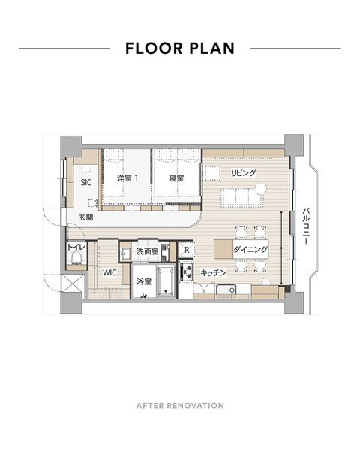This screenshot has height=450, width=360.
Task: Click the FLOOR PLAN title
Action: pos(180,49)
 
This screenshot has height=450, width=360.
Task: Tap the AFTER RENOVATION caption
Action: pos(180,406)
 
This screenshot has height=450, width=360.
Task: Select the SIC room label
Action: pos(86,182)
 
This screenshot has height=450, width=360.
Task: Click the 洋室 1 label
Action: pos(127,178)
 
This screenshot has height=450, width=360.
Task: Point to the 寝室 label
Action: pos(176,178)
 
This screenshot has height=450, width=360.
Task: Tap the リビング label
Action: pos(244,173)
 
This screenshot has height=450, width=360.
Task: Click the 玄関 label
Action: pos(85,217)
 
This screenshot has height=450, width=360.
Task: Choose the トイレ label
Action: pos(76,247)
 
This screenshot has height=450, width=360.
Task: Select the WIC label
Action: pos(109,272)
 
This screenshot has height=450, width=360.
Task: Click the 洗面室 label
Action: pos(147,251)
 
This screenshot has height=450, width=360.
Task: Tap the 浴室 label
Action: pos(144,281)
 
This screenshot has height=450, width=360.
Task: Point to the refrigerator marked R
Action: pos(187,250)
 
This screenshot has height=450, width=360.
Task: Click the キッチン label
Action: pos(214,273)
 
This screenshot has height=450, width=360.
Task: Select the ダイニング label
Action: pos(250,249)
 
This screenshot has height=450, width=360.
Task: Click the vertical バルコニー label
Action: pos(306,226)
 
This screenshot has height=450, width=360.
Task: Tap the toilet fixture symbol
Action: pos(76,258)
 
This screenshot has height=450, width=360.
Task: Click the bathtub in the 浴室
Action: pos(166,281)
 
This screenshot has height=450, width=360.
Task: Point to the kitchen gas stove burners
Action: pos(186,271)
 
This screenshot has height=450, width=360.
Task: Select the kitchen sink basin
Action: pos(226,289)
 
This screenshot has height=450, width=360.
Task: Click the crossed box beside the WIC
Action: pos(73,283)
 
